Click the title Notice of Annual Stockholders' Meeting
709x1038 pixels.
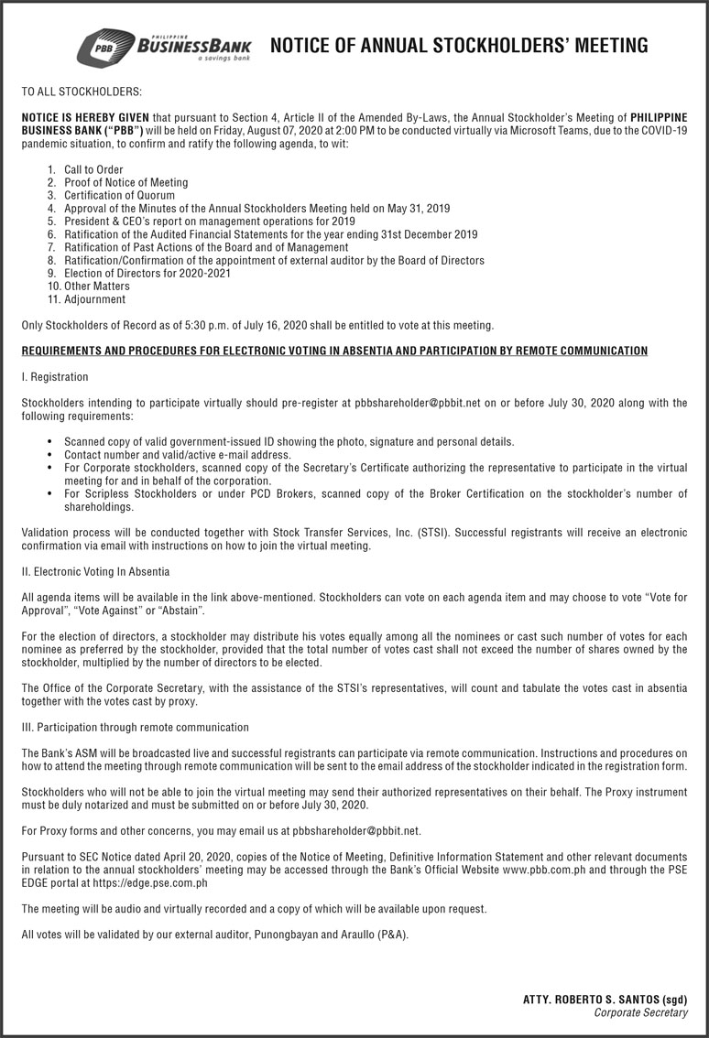pos(458,45)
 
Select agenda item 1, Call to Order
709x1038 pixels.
pos(93,170)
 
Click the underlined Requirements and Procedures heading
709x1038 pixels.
pos(333,351)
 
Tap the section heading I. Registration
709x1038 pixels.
pos(55,376)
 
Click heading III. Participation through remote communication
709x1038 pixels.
pos(135,727)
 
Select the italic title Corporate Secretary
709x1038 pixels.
pos(640,1012)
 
